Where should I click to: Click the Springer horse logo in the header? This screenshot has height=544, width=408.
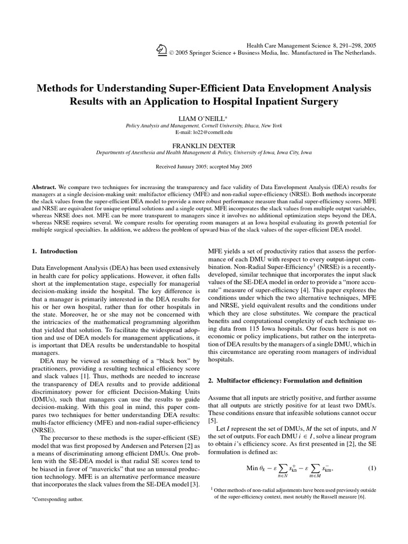[161, 49]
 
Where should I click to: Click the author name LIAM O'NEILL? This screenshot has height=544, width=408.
[203, 117]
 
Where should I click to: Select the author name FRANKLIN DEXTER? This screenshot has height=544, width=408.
[203, 144]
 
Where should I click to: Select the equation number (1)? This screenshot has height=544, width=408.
[372, 469]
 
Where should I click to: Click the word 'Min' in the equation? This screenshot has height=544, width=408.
[252, 469]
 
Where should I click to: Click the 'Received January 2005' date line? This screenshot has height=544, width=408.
[204, 166]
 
